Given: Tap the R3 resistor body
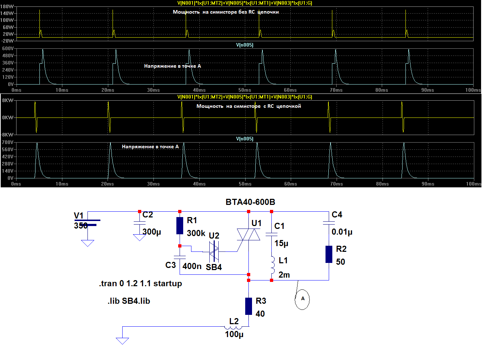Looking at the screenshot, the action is [249, 307].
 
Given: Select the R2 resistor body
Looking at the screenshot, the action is [329, 254].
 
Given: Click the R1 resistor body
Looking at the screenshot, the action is [180, 226].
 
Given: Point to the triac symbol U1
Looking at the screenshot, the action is [249, 235].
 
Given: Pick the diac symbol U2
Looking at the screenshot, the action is [214, 251].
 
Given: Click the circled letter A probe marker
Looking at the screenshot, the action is [302, 299].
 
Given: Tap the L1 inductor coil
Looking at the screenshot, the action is [273, 265].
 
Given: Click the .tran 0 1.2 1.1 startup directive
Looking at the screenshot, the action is [141, 284].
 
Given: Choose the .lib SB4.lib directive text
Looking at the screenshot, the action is [129, 301].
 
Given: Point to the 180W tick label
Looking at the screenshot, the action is [7, 6].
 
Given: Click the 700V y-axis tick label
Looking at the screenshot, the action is [8, 142].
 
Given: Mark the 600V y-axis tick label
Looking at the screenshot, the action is [8, 48].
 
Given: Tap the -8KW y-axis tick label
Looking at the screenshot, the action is [7, 135].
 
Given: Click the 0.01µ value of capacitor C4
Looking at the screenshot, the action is [342, 232].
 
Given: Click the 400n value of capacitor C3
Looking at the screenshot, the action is [192, 267].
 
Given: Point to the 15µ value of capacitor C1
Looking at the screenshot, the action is [281, 244].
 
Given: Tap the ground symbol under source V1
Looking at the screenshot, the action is [88, 243].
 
